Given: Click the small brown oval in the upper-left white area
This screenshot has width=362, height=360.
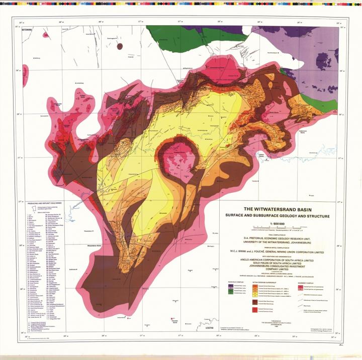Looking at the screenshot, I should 120,46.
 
